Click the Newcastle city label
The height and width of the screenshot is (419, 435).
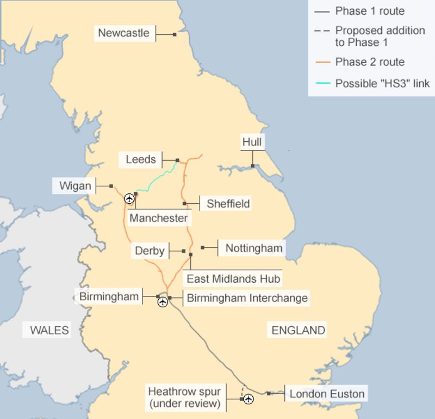click(x=123, y=33)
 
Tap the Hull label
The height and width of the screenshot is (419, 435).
click(x=252, y=143)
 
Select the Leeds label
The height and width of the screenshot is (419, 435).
click(x=141, y=160)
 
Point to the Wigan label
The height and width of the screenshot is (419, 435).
click(x=76, y=186)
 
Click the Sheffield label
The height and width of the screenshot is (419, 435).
click(x=228, y=204)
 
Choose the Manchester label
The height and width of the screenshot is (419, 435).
click(x=159, y=218)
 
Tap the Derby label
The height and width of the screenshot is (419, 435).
click(x=150, y=251)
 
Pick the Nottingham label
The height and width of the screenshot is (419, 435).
click(x=254, y=248)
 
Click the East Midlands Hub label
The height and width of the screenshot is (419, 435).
click(x=234, y=279)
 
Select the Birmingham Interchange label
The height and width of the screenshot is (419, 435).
click(x=247, y=298)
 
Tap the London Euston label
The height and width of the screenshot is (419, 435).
click(x=327, y=394)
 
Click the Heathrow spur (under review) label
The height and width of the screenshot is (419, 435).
click(x=184, y=397)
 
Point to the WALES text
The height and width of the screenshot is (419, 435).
click(x=49, y=330)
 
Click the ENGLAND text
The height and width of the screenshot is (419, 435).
click(x=299, y=330)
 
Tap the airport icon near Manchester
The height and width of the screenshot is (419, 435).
click(x=129, y=198)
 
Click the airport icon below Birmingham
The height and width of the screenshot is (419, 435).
click(x=163, y=302)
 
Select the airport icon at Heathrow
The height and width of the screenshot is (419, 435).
click(x=248, y=399)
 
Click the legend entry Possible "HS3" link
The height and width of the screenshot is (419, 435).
click(x=382, y=83)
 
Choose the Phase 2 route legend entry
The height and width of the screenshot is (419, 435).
click(x=370, y=62)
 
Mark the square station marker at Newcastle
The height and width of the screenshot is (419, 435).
click(x=175, y=34)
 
